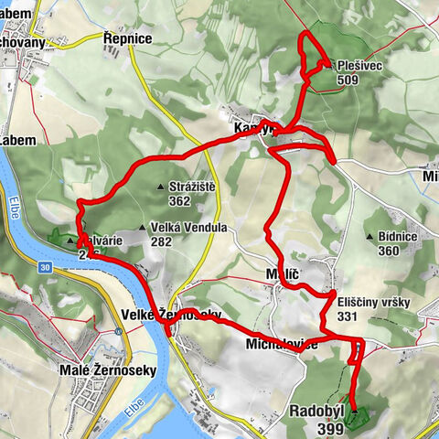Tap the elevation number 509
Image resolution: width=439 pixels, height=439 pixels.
(347, 80)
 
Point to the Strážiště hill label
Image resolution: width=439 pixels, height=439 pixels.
(192, 187)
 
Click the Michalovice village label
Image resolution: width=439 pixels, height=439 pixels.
(282, 344)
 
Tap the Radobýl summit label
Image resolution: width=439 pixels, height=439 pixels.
(316, 412)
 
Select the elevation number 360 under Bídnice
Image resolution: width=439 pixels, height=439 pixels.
(390, 251)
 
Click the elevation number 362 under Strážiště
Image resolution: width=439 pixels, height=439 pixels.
(179, 201)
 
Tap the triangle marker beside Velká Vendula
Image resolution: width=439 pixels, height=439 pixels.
(142, 229)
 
